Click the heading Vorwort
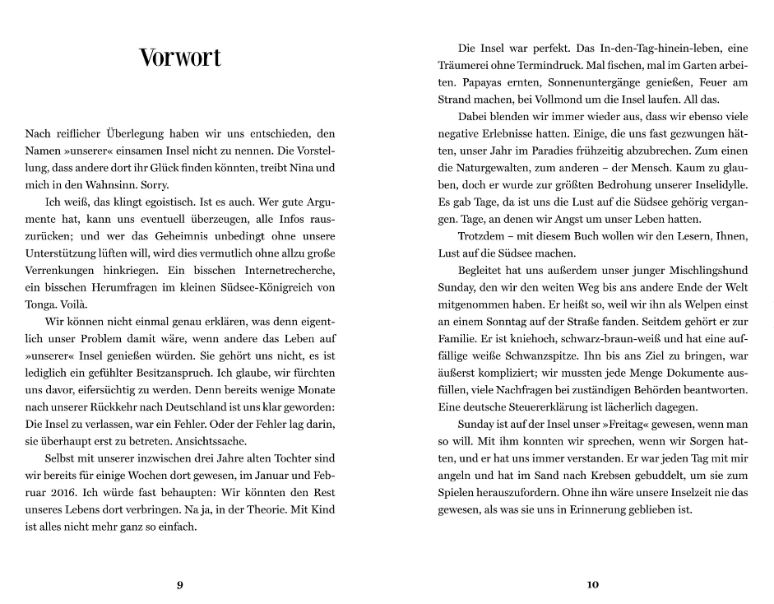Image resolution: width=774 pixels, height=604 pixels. [180, 58]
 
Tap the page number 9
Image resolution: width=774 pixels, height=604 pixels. [180, 585]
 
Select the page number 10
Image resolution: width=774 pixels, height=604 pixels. [593, 585]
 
